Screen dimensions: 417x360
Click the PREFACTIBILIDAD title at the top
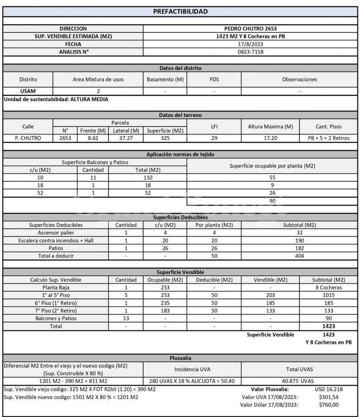(x=180, y=11)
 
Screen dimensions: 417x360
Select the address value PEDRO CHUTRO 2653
(x=250, y=29)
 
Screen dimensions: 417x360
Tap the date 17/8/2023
(x=250, y=44)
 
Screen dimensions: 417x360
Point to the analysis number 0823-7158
(x=250, y=52)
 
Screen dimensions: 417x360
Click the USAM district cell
(x=28, y=91)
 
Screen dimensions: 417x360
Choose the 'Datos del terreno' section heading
(x=180, y=115)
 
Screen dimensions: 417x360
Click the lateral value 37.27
(x=126, y=138)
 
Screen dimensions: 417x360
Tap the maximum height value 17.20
(x=270, y=138)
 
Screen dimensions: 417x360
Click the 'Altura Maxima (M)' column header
(x=270, y=127)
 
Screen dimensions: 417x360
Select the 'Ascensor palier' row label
(x=56, y=233)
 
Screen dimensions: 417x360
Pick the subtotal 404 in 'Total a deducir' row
(x=299, y=256)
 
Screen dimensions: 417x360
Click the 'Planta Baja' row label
(x=56, y=287)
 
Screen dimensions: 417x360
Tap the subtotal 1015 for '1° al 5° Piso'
(x=328, y=295)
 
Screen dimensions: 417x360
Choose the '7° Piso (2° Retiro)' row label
(x=56, y=310)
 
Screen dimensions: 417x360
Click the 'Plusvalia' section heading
(x=180, y=358)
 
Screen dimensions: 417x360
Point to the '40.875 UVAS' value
(x=299, y=381)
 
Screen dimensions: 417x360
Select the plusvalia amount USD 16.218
(x=328, y=389)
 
